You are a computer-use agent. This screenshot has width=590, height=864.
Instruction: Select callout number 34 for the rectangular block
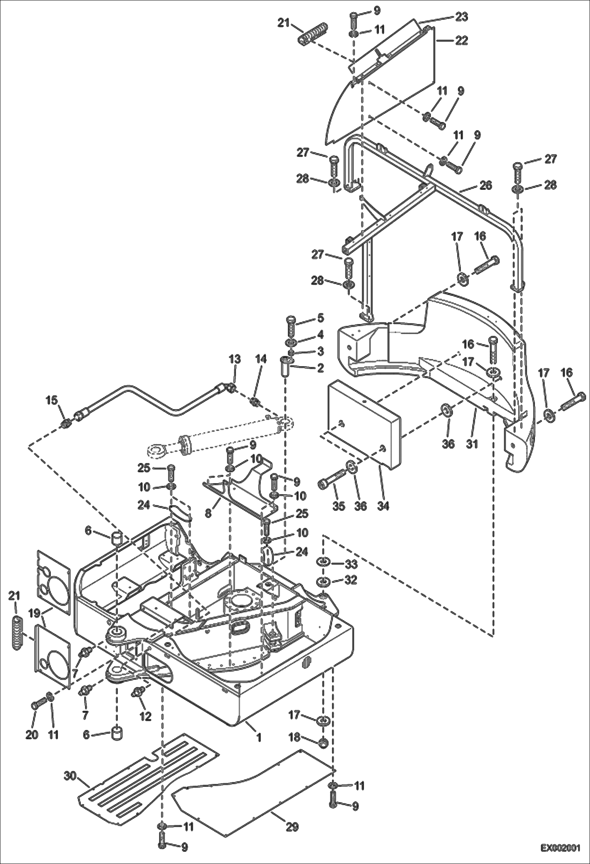[x=383, y=506]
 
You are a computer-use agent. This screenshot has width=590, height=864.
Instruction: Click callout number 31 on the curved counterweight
[x=472, y=443]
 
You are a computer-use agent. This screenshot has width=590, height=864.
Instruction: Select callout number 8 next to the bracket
[x=208, y=514]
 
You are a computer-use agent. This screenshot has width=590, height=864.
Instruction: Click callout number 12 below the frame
[x=145, y=716]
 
